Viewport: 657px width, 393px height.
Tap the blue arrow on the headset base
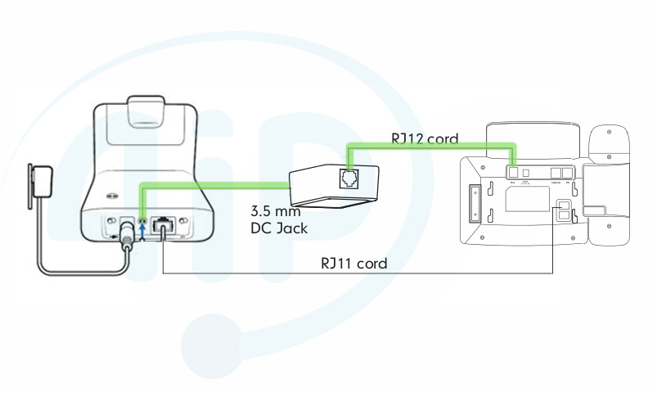tap(144, 230)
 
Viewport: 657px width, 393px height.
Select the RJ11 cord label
tap(353, 264)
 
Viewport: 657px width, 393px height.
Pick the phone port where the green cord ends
tap(512, 172)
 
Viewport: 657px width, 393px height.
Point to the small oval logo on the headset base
tap(110, 196)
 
